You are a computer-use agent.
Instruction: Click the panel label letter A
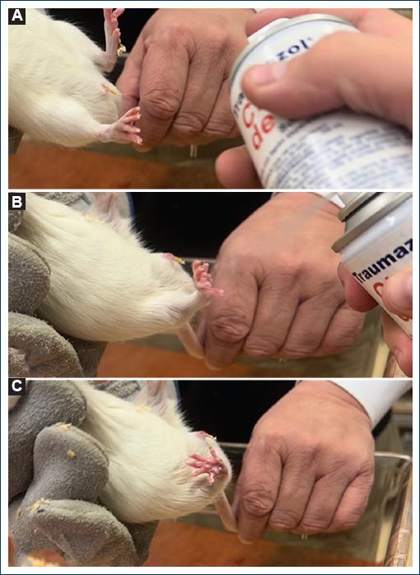click(16, 17)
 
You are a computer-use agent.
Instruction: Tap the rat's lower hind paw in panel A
click(126, 128)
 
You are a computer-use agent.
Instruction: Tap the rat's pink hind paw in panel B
click(203, 278)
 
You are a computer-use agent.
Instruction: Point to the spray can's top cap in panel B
click(371, 213)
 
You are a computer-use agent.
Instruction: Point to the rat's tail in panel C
click(224, 511)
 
